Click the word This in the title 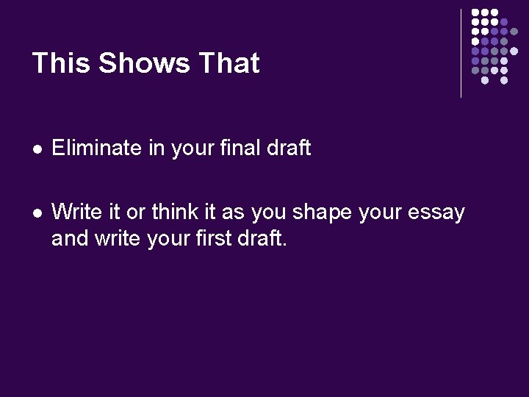coord(61,63)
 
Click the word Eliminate coord(96,148)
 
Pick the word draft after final coord(289,148)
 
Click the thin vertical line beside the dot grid coord(461,53)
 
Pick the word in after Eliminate coord(156,148)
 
